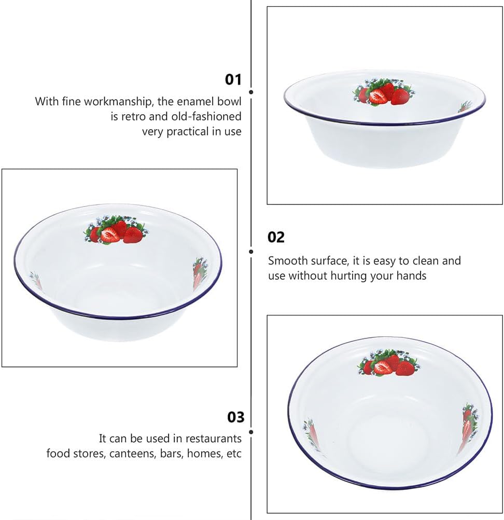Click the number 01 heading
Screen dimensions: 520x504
click(233, 79)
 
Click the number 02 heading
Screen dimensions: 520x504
click(276, 237)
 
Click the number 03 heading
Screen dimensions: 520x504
click(235, 417)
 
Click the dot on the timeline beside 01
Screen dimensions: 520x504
click(251, 92)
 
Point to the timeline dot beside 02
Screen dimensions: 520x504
click(251, 252)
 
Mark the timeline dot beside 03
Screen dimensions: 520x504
click(251, 431)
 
